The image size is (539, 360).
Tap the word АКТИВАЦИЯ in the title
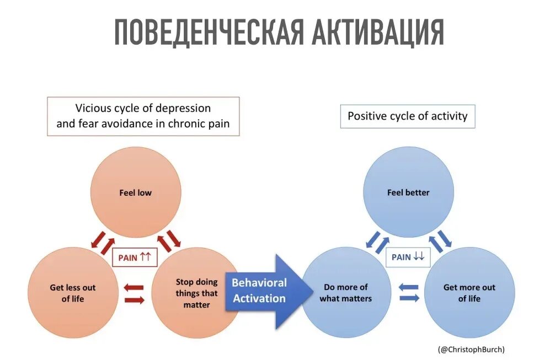point(378,33)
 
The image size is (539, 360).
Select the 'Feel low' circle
point(135,193)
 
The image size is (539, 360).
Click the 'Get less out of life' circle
point(72,293)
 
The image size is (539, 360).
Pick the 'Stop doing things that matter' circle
point(196,293)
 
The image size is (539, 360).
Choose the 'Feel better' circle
point(408,193)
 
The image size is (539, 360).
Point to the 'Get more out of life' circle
point(469,293)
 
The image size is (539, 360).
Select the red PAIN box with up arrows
point(135,256)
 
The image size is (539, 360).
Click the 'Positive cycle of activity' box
point(407,116)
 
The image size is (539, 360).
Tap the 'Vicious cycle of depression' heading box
point(143,116)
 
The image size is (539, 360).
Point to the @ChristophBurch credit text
point(471,349)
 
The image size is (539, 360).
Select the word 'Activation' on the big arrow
point(259,299)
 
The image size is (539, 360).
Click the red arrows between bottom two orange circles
point(134,294)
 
